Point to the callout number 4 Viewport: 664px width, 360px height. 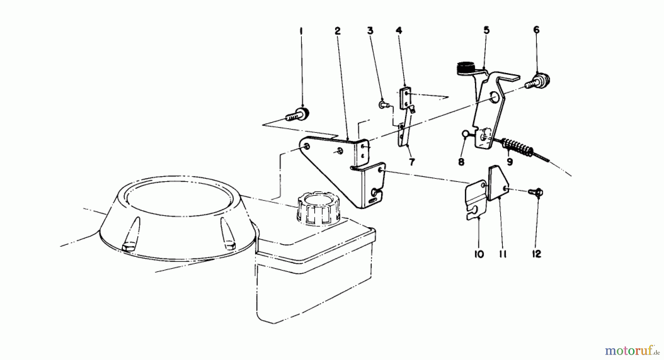coord(399,31)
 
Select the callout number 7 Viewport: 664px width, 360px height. coord(412,162)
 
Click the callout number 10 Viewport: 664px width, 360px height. coord(479,254)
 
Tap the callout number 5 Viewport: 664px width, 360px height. coord(487,30)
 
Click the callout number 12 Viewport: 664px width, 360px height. coord(536,254)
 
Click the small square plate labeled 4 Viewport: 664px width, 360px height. coord(405,96)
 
